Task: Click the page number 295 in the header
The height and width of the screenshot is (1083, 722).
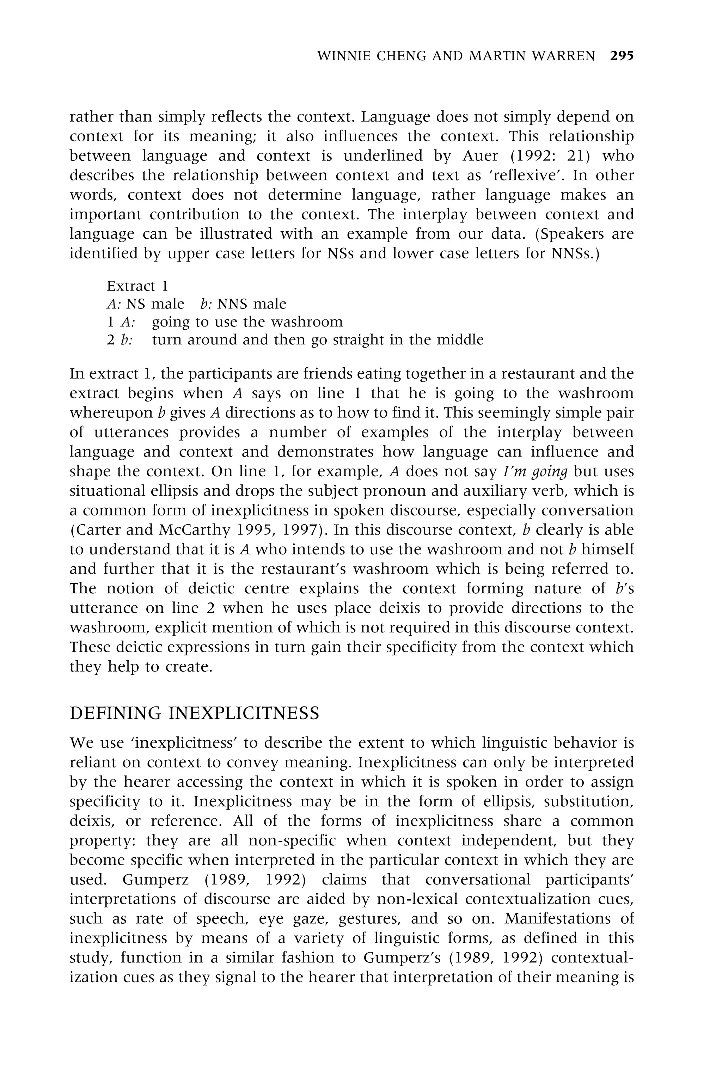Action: (622, 56)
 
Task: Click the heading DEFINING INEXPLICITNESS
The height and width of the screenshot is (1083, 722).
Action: (194, 713)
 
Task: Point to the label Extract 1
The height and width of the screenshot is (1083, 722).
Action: (137, 286)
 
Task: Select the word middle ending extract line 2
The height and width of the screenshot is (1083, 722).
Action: (460, 339)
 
